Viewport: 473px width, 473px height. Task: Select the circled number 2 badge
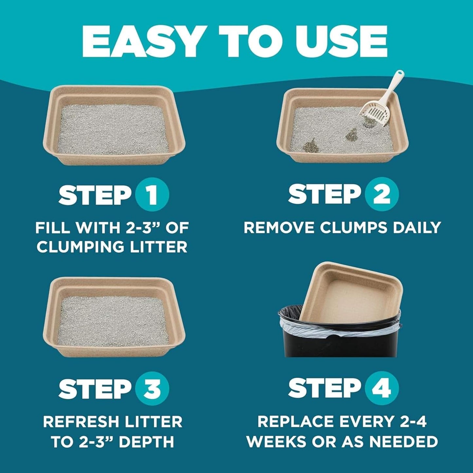(x=382, y=194)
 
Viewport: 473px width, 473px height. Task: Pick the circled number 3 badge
(x=152, y=388)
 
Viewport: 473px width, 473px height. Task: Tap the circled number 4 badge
(x=382, y=388)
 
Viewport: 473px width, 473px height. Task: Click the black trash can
(x=340, y=344)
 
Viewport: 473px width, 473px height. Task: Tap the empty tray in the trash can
(x=350, y=293)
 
